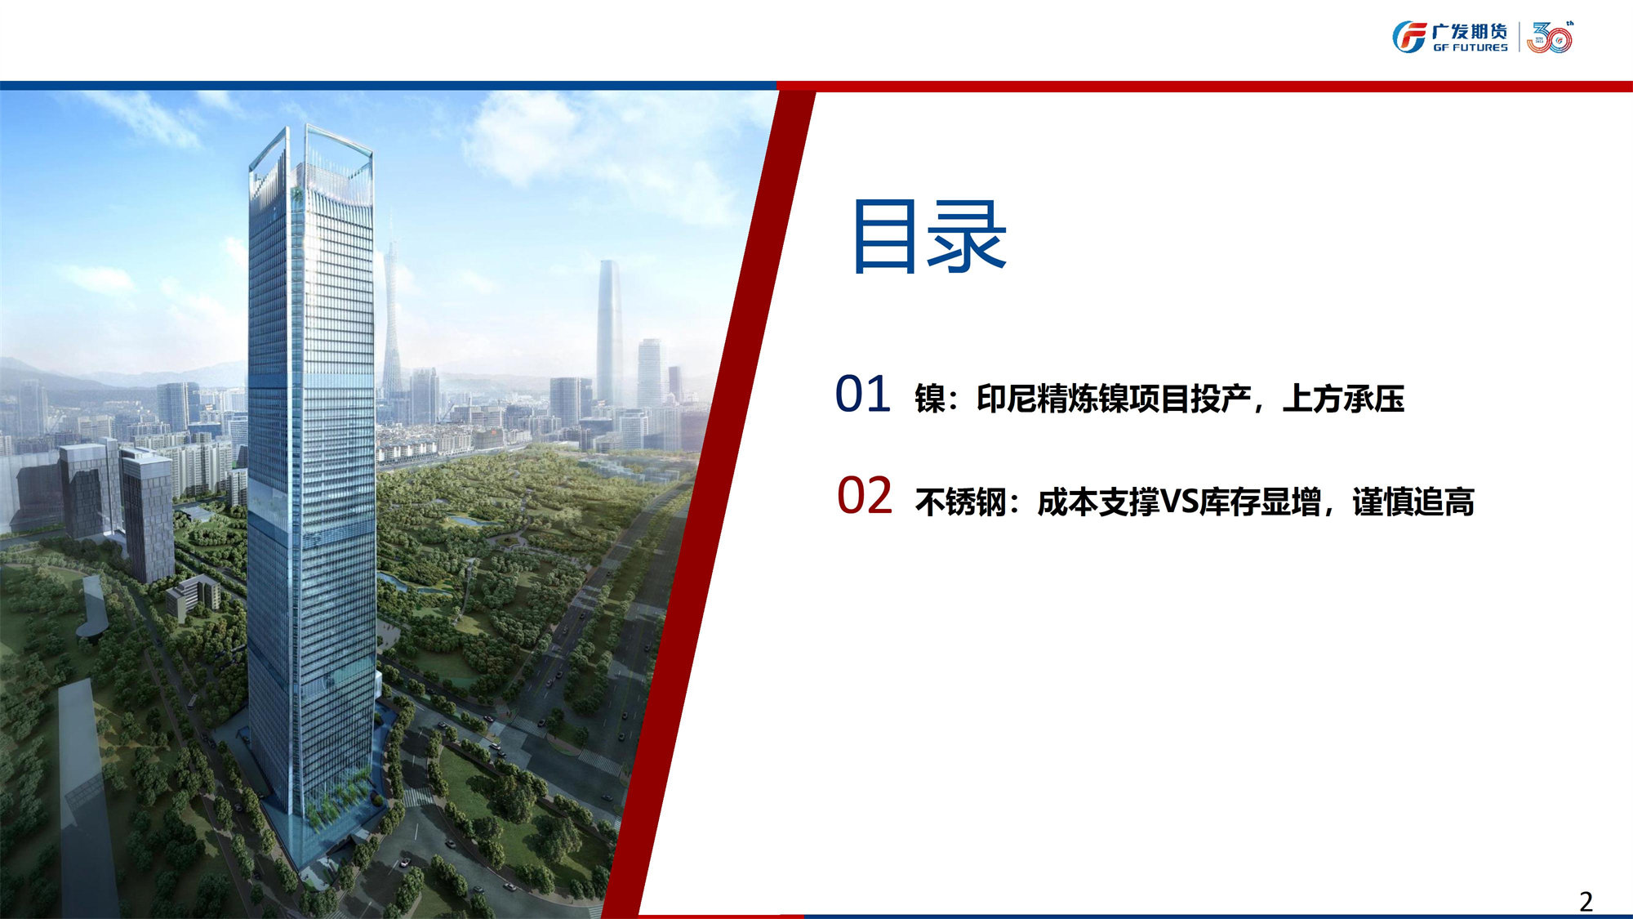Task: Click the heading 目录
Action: click(929, 237)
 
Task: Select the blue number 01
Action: click(863, 394)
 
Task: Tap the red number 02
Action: click(865, 496)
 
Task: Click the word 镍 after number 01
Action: click(930, 399)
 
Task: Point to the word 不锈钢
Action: click(960, 502)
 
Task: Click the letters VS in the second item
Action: click(1179, 501)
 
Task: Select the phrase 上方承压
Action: click(1343, 399)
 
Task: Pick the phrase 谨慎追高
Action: click(1413, 502)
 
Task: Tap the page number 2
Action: click(1586, 901)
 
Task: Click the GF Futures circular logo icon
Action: click(1409, 38)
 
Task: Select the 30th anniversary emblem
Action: click(1550, 38)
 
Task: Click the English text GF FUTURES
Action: click(1470, 48)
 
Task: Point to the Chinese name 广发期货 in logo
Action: click(1470, 31)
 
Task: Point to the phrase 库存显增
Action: click(1260, 502)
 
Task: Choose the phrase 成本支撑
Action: click(1098, 502)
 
